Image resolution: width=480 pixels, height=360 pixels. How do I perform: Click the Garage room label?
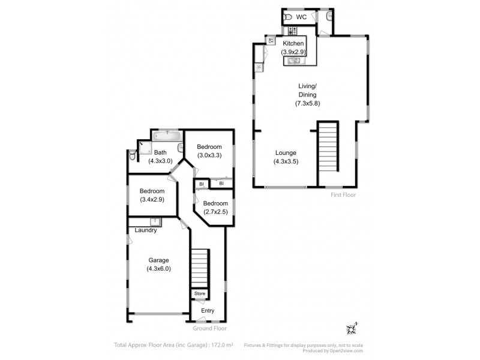pyautogui.click(x=158, y=260)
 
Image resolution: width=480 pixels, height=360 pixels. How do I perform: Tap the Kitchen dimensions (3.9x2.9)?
pyautogui.click(x=294, y=52)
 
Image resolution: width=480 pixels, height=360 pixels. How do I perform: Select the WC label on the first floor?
pyautogui.click(x=301, y=17)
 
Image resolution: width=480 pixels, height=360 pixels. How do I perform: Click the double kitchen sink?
pyautogui.click(x=294, y=60)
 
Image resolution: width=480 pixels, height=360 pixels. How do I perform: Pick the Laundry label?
pyautogui.click(x=146, y=230)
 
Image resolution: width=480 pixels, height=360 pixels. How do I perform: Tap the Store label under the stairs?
pyautogui.click(x=200, y=293)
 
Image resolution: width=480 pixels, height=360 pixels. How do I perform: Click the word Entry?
pyautogui.click(x=208, y=311)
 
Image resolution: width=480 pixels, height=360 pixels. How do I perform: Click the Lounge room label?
pyautogui.click(x=286, y=152)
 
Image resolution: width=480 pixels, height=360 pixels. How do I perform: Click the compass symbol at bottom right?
pyautogui.click(x=352, y=328)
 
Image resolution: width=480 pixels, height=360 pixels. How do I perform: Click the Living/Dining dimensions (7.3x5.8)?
pyautogui.click(x=307, y=104)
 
